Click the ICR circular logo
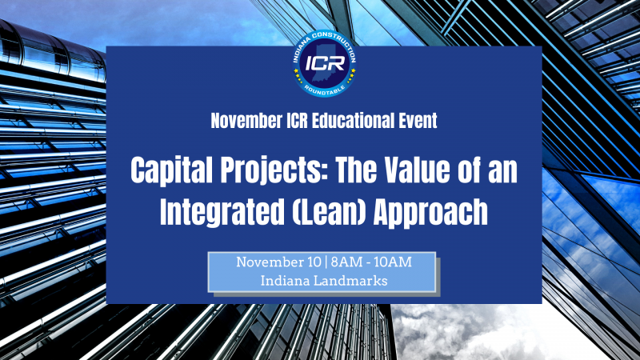tap(325, 64)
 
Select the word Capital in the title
tap(172, 170)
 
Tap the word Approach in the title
tap(430, 212)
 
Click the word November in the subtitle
tap(246, 121)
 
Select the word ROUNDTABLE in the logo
tap(325, 90)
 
